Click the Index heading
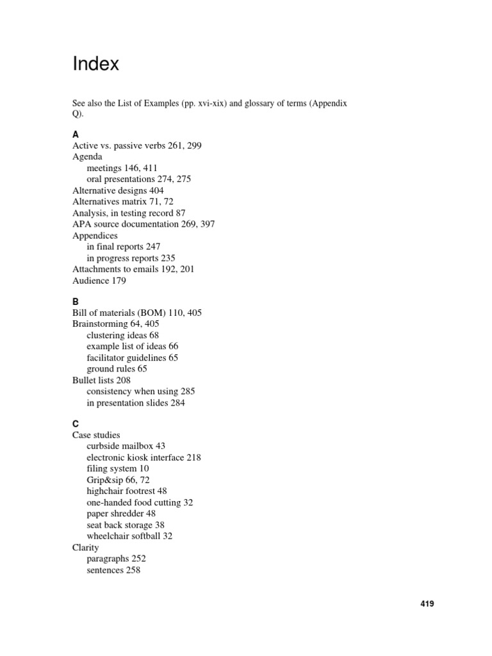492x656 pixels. click(95, 65)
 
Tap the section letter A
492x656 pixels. click(76, 135)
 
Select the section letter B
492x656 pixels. click(76, 301)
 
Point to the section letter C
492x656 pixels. click(76, 424)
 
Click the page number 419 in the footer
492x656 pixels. click(427, 603)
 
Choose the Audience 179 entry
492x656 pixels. click(99, 281)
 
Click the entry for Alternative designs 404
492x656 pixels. click(118, 190)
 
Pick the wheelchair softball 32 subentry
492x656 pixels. click(129, 536)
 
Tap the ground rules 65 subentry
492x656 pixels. click(117, 369)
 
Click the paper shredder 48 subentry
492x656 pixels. click(121, 514)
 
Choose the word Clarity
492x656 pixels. click(86, 548)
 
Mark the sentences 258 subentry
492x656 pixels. click(113, 570)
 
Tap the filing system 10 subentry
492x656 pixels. click(118, 469)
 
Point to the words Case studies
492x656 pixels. click(95, 436)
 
